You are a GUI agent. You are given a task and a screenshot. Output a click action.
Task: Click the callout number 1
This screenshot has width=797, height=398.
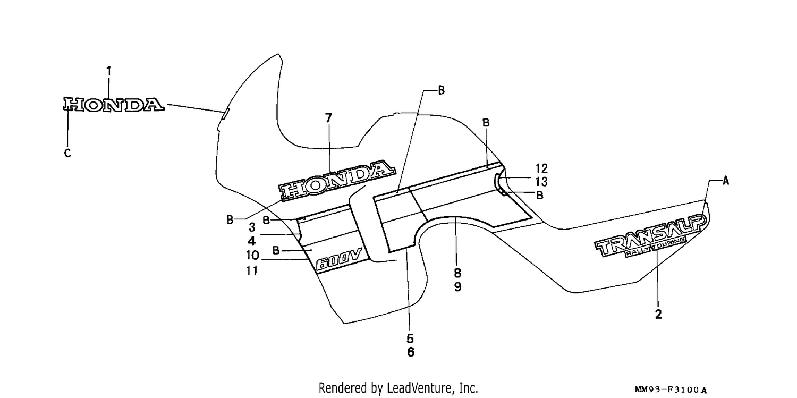(109, 72)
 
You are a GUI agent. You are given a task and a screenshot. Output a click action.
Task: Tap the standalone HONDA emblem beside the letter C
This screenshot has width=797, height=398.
(114, 105)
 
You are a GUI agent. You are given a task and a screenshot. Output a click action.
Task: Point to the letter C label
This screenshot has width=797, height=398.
(67, 153)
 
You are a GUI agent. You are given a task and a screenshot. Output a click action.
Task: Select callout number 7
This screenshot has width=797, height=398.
(328, 118)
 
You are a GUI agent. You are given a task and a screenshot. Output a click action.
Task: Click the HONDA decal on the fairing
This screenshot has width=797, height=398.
(337, 181)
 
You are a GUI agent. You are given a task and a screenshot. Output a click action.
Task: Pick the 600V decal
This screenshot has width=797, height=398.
(339, 258)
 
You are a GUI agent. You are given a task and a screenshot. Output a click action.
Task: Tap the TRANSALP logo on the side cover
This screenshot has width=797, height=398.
(650, 235)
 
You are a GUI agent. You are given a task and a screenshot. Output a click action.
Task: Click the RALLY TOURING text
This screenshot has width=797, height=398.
(655, 247)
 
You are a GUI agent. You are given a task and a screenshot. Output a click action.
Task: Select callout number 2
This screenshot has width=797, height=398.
(658, 315)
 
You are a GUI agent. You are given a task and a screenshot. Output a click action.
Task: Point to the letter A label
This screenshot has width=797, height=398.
(726, 181)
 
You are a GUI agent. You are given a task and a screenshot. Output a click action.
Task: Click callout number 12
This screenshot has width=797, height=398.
(541, 168)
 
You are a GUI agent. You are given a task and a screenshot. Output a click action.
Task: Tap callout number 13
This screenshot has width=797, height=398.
(541, 182)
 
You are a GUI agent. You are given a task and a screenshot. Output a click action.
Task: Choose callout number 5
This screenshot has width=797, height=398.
(410, 338)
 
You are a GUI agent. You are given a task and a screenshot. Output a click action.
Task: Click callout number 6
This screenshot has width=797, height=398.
(411, 352)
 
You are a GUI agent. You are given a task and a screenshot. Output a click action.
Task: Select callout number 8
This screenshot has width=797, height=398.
(457, 273)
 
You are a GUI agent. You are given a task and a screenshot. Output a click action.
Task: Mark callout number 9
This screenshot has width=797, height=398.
(458, 286)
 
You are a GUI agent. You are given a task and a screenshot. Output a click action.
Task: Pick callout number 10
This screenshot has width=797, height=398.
(252, 256)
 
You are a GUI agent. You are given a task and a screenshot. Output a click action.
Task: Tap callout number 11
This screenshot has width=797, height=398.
(252, 271)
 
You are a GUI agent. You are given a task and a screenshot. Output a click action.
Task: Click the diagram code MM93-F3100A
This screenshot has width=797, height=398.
(671, 390)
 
